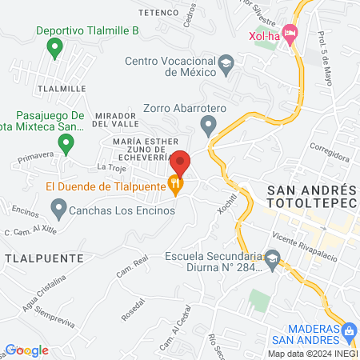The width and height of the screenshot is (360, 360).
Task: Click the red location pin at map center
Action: coord(181,162)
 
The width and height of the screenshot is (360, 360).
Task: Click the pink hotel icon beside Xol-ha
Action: coord(290,34)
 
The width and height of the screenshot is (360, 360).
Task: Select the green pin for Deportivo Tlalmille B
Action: coord(54,49)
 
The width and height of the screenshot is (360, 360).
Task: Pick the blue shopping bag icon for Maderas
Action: coord(349,330)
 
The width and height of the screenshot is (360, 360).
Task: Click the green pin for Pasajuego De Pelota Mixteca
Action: coord(67,144)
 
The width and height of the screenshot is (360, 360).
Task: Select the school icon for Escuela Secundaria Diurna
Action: coord(273,259)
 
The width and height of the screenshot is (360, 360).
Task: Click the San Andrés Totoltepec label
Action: coord(310,198)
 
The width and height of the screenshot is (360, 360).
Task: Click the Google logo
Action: coord(27,350)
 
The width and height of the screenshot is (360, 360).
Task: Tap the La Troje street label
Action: coord(111,166)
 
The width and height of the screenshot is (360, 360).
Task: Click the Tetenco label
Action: coord(157,13)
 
